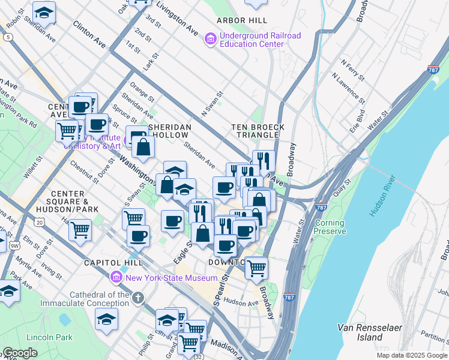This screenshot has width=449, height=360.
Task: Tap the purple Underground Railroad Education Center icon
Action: click(x=211, y=40)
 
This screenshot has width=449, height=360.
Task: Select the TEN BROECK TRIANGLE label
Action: click(x=258, y=131)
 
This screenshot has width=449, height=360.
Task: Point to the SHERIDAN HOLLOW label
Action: click(x=170, y=131)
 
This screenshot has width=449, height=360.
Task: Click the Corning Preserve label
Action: click(x=330, y=227)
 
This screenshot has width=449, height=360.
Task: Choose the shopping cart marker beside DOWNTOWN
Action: click(x=256, y=268)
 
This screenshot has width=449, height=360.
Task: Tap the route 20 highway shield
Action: click(x=40, y=222)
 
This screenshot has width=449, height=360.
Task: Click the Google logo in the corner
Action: click(x=20, y=353)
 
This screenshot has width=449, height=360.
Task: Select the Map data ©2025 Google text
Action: click(x=411, y=355)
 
